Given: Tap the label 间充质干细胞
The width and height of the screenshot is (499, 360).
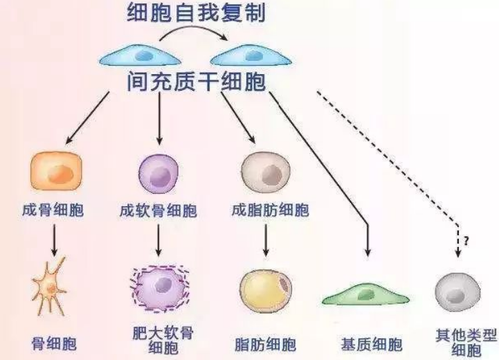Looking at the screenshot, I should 196,82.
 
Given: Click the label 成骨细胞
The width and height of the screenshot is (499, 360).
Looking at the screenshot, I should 53,209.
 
